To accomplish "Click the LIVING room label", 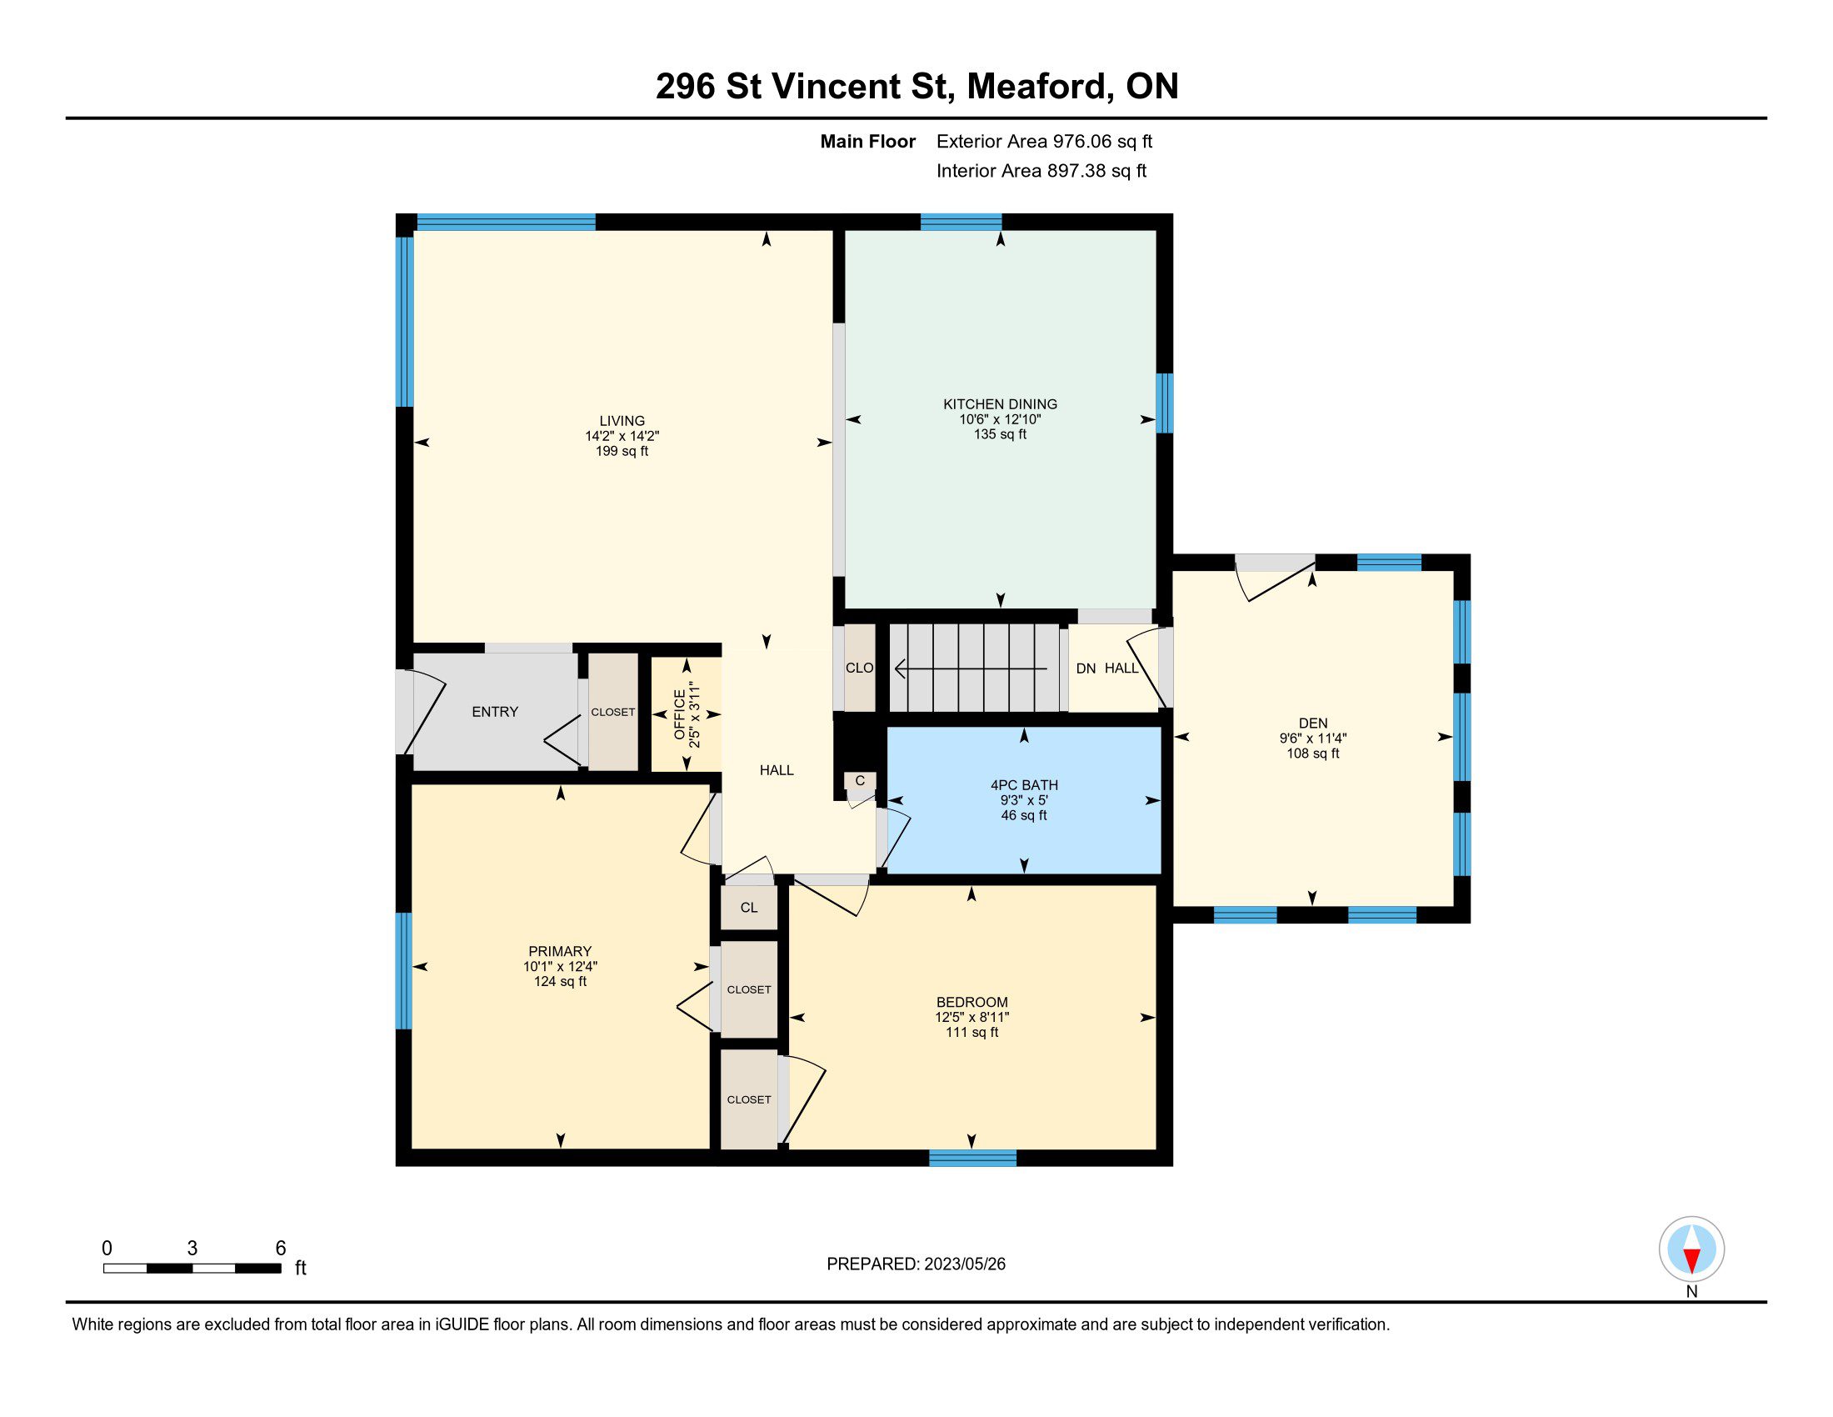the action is [x=622, y=421].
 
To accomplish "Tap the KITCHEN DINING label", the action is [x=1000, y=403].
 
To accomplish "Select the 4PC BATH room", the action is [x=1024, y=800].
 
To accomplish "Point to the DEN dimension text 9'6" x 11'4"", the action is [x=1312, y=739].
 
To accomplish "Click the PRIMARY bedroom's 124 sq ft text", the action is [x=560, y=981].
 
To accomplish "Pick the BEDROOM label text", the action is [x=971, y=1002].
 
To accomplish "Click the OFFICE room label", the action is [x=680, y=714].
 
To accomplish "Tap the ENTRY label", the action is [x=494, y=712].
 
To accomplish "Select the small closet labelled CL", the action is [x=749, y=908].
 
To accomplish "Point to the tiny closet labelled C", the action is [x=861, y=782].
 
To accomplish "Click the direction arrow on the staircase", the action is [x=971, y=669].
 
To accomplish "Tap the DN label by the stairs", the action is [x=1086, y=668].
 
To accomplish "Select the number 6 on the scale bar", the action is [x=281, y=1249].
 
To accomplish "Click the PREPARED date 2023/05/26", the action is [x=964, y=1264].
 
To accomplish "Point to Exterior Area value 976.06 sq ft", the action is [x=1103, y=142].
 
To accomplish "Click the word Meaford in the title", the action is [x=1036, y=87].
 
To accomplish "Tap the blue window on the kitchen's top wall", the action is [x=961, y=223].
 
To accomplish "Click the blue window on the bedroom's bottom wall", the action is [x=972, y=1159].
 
